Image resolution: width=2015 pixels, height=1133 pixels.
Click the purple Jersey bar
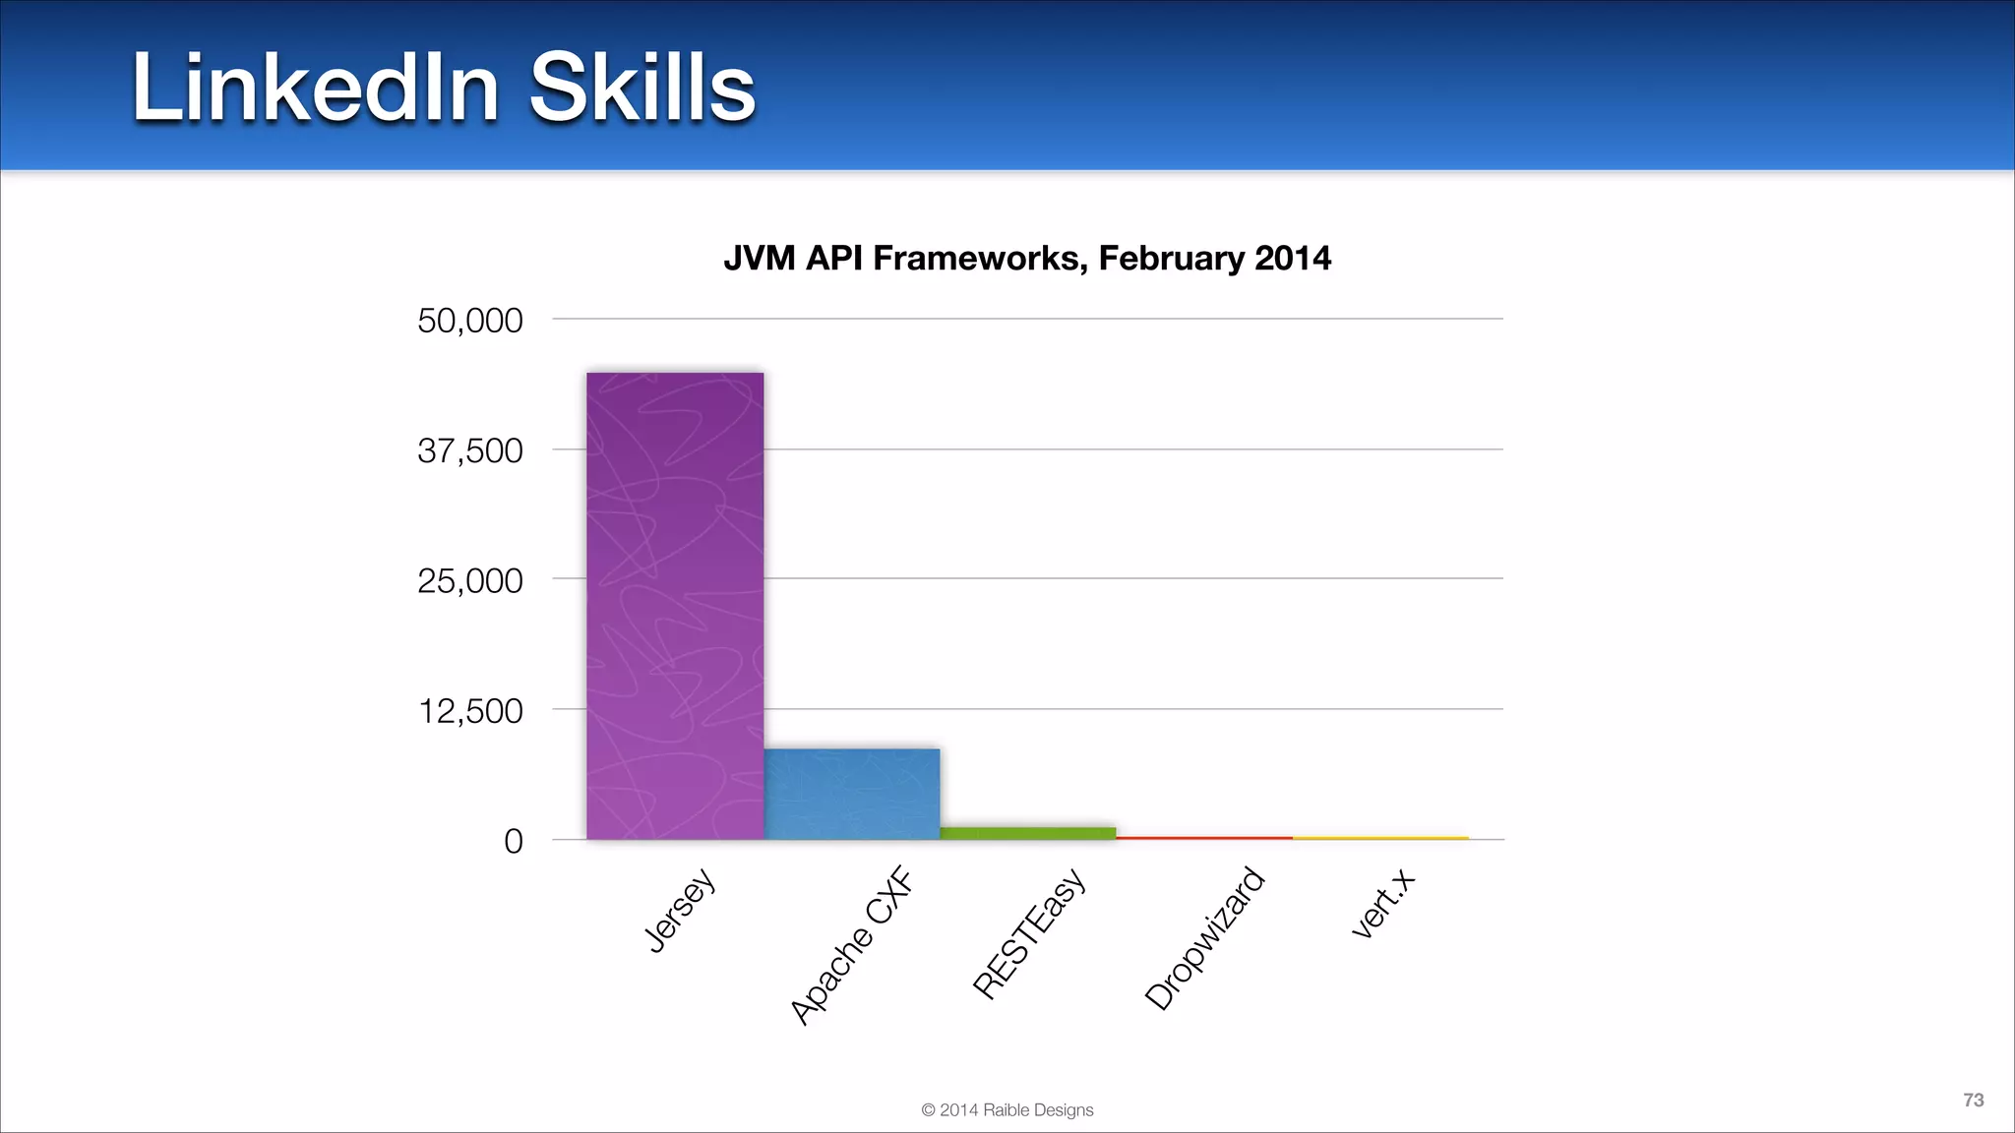click(675, 605)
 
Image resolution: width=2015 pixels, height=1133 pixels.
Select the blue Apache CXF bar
click(851, 794)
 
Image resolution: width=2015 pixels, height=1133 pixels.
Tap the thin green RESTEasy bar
click(1027, 833)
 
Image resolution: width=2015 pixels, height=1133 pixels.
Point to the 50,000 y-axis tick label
click(469, 321)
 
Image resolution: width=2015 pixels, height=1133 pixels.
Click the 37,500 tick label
click(469, 450)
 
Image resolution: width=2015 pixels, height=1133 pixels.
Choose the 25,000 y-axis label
click(469, 580)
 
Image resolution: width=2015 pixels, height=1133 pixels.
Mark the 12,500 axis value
click(470, 710)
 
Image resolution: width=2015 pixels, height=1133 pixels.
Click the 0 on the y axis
click(513, 841)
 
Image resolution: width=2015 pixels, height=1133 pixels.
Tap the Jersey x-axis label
click(679, 911)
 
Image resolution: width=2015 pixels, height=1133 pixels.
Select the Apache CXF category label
click(852, 946)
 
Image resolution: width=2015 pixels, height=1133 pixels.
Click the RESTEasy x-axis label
click(1029, 933)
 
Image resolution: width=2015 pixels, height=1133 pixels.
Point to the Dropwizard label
click(1204, 938)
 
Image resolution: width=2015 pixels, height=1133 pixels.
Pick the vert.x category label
click(1382, 905)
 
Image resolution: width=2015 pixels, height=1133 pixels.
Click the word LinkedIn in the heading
click(316, 88)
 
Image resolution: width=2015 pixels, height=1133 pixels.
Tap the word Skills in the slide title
click(641, 88)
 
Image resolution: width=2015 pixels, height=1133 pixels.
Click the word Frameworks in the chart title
click(979, 258)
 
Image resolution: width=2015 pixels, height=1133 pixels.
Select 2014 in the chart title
click(1292, 258)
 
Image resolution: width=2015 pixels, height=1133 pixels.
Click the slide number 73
click(1973, 1100)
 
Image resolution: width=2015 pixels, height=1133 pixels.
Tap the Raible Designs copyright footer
click(1007, 1109)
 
